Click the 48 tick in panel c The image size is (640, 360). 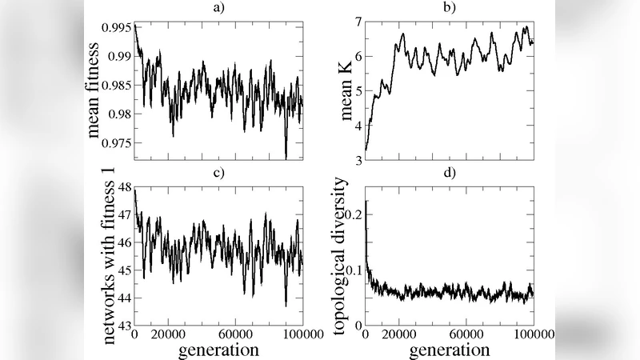point(123,185)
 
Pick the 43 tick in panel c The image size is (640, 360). point(123,326)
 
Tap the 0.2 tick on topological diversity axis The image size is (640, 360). point(352,214)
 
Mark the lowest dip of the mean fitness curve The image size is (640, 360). point(286,158)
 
